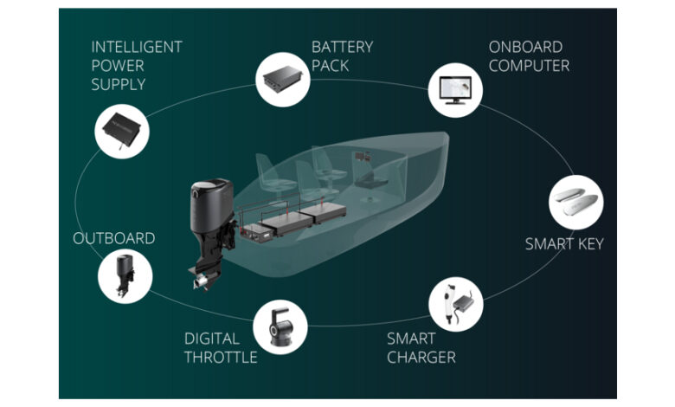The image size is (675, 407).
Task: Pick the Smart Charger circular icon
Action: [x=456, y=300]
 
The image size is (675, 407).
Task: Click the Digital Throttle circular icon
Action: [x=280, y=326]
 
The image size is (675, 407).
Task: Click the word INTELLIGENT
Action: [x=136, y=47]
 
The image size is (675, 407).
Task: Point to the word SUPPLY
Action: [x=118, y=85]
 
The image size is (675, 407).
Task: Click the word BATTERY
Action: [x=344, y=47]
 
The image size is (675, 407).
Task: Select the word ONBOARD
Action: [x=525, y=47]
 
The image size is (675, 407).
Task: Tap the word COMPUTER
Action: [x=529, y=66]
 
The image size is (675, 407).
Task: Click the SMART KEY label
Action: [x=564, y=244]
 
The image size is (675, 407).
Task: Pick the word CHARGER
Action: [x=421, y=357]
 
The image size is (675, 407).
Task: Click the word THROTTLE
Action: [x=221, y=357]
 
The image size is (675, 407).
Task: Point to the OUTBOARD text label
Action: [x=114, y=238]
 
